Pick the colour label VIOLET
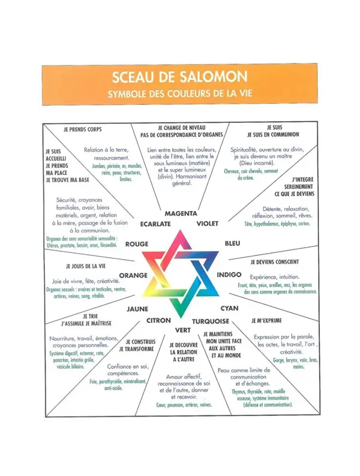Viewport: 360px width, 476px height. coord(207,224)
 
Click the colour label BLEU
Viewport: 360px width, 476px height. coord(232,244)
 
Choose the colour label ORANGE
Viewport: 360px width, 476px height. coord(134,275)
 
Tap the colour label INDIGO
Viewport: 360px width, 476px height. coord(230,275)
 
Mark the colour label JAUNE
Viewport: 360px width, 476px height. coord(137,308)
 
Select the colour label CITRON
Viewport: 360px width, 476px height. coord(159,320)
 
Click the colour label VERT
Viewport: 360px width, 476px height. coord(182,330)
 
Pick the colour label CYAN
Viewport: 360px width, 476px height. coord(230,308)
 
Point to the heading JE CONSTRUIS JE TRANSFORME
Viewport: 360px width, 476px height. coord(136,345)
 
